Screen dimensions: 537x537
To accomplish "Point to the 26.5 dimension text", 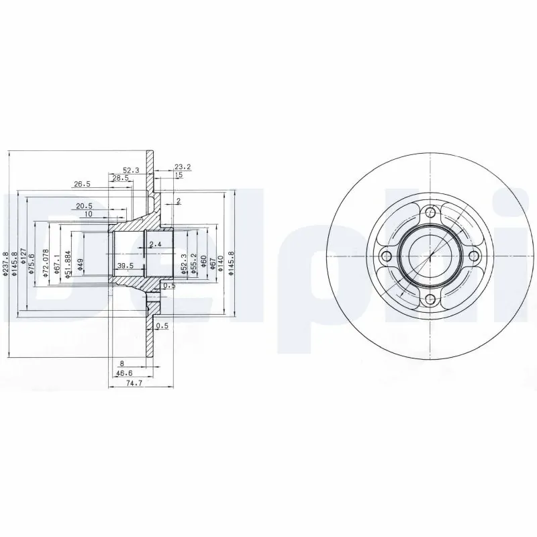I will coord(82,183).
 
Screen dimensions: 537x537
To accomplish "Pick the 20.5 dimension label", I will coord(83,206).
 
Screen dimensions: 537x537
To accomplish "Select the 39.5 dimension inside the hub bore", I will coord(125,266).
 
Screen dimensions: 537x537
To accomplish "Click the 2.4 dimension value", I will coord(156,243).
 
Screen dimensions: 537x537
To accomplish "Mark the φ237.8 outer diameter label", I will coord(6,263).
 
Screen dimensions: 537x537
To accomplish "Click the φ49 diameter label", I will coord(80,263).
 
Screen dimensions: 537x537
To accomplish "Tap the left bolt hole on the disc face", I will coord(385,256).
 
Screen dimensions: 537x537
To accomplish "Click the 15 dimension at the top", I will coord(179,175).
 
